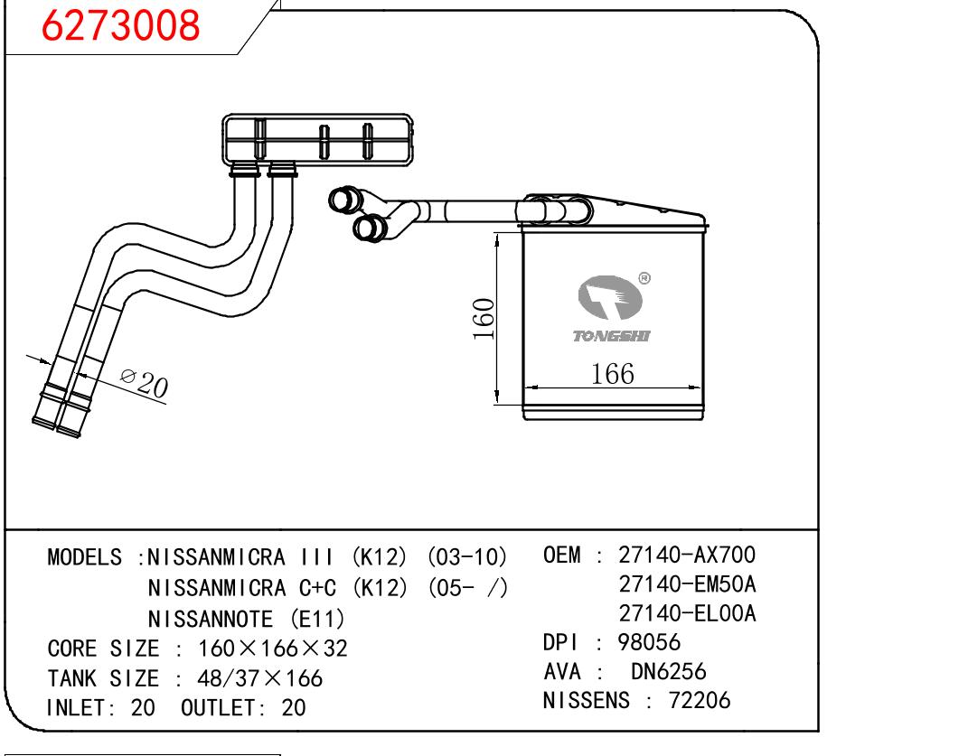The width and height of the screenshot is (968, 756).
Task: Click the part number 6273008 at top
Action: pos(121,26)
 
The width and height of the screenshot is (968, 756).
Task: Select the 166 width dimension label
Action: pos(612,373)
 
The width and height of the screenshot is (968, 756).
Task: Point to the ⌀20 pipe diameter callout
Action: pos(145,385)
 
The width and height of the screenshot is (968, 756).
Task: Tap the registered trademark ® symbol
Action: pos(644,278)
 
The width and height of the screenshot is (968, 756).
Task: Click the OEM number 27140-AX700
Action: pos(687,554)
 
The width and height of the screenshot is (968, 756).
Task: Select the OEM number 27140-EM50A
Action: pos(687,583)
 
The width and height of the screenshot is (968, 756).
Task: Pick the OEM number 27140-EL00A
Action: pos(687,614)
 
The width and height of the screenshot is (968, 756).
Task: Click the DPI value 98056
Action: pos(649,643)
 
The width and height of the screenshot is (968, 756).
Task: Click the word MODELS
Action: pos(84,557)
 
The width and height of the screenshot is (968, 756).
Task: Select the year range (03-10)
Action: pos(466,557)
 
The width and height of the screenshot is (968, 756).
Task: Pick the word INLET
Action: pos(78,708)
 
